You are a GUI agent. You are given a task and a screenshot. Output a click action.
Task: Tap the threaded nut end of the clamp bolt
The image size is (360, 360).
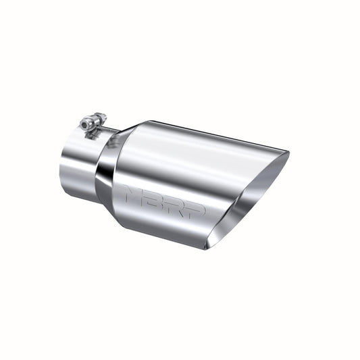pyautogui.click(x=101, y=118)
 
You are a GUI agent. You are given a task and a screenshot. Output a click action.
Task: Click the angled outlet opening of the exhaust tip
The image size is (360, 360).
pyautogui.click(x=251, y=196)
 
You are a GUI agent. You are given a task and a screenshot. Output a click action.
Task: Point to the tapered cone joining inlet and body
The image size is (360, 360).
pyautogui.click(x=111, y=169)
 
